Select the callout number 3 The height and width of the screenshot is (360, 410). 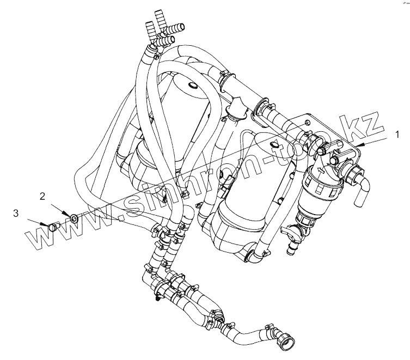click(x=16, y=212)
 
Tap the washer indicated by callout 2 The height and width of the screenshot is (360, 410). click(x=72, y=219)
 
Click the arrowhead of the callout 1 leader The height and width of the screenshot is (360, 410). click(x=356, y=145)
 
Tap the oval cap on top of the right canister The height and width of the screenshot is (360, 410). click(x=273, y=144)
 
